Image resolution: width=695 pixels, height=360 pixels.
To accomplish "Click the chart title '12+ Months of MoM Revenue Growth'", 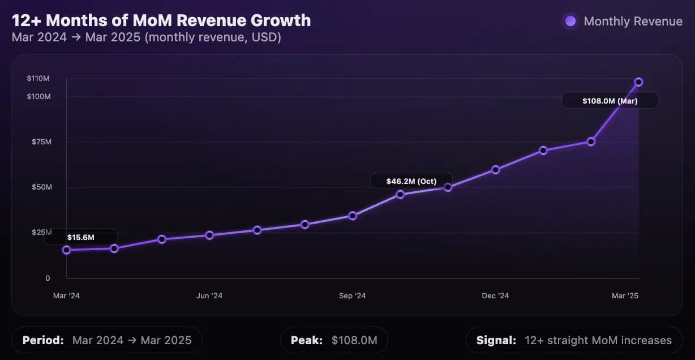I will (x=161, y=20).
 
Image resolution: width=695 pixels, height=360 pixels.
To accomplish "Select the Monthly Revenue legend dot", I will (x=570, y=22).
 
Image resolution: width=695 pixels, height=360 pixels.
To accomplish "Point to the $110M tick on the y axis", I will (x=38, y=78).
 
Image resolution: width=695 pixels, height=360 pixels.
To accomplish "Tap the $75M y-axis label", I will (x=41, y=142).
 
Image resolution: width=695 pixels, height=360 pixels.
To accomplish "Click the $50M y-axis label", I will (x=41, y=187).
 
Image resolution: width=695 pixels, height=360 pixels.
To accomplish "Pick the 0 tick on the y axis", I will (x=48, y=278).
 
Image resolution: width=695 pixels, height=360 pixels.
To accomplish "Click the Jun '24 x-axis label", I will (x=209, y=296).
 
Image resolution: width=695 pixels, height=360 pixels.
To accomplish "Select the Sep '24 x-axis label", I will (x=353, y=296).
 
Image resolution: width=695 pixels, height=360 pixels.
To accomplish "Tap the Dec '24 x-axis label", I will (x=496, y=296).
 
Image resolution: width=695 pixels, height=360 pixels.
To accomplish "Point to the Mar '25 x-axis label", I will (x=625, y=296).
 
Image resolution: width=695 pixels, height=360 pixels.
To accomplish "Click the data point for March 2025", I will (x=638, y=82).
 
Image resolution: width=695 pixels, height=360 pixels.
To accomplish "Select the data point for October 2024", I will (x=400, y=194).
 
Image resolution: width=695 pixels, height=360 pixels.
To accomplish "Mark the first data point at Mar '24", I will (x=66, y=250).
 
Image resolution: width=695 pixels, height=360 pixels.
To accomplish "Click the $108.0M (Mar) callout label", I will (x=610, y=101).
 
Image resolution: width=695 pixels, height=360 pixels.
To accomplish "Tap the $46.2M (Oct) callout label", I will (x=411, y=181).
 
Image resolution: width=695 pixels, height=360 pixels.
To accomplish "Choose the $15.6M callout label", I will (x=81, y=237).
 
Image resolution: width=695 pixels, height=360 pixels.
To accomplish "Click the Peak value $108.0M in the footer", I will (x=354, y=340).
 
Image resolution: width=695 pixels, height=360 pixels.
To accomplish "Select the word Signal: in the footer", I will (x=496, y=340).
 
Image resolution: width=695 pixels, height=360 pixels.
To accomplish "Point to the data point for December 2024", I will (x=496, y=169).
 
